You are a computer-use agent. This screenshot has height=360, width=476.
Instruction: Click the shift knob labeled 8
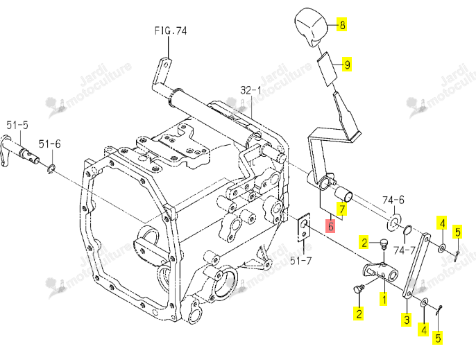pyautogui.click(x=312, y=27)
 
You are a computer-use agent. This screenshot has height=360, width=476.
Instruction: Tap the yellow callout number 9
pyautogui.click(x=347, y=64)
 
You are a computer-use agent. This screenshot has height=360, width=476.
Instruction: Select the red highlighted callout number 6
pyautogui.click(x=330, y=226)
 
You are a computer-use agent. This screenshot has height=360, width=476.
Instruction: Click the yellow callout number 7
pyautogui.click(x=342, y=209)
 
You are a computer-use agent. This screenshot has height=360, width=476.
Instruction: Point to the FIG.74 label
pyautogui.click(x=171, y=31)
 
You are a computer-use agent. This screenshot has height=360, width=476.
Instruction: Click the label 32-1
pyautogui.click(x=250, y=90)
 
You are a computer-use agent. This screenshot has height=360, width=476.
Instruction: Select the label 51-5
pyautogui.click(x=17, y=125)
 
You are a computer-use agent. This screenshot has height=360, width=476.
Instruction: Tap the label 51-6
pyautogui.click(x=49, y=144)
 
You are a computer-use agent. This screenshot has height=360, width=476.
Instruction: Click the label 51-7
pyautogui.click(x=301, y=260)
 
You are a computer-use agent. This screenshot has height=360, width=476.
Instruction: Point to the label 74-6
pyautogui.click(x=393, y=200)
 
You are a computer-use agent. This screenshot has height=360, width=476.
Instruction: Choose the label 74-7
pyautogui.click(x=405, y=250)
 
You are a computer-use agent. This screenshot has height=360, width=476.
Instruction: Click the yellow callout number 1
pyautogui.click(x=384, y=299)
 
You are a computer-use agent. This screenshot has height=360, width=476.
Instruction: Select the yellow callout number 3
pyautogui.click(x=407, y=319)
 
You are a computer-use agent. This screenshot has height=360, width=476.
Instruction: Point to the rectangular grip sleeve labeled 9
pyautogui.click(x=328, y=69)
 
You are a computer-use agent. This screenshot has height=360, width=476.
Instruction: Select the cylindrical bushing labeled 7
pyautogui.click(x=343, y=194)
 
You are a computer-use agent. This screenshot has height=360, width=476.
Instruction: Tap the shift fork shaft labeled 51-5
pyautogui.click(x=20, y=151)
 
